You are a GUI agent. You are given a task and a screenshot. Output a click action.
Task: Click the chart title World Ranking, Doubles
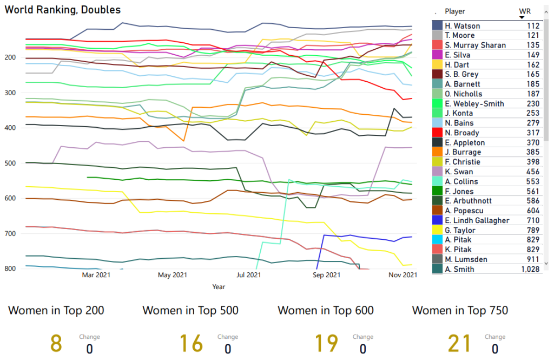(63, 10)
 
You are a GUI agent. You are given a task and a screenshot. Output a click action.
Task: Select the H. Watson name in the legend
(462, 26)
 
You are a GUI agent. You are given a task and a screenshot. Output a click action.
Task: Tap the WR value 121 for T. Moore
(533, 36)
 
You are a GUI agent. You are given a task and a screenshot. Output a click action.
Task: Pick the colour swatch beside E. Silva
(438, 55)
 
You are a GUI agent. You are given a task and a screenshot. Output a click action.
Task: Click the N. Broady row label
(462, 133)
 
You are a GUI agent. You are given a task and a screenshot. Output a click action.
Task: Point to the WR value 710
(533, 221)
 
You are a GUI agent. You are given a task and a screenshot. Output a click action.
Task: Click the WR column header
(524, 11)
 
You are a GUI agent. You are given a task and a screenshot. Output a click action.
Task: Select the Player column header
(454, 11)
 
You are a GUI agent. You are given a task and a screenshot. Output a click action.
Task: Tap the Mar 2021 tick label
(96, 275)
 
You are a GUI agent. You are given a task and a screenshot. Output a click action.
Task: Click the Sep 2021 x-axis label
(326, 275)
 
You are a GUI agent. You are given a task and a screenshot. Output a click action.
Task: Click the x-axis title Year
(219, 287)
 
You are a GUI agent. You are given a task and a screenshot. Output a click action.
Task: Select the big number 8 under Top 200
(56, 343)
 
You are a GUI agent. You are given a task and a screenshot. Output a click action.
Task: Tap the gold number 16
(191, 343)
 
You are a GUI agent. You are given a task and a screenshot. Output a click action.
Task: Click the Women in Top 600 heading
(326, 311)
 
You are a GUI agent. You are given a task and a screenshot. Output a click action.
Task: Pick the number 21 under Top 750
(459, 343)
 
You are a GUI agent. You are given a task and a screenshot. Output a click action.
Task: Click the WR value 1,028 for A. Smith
(530, 270)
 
